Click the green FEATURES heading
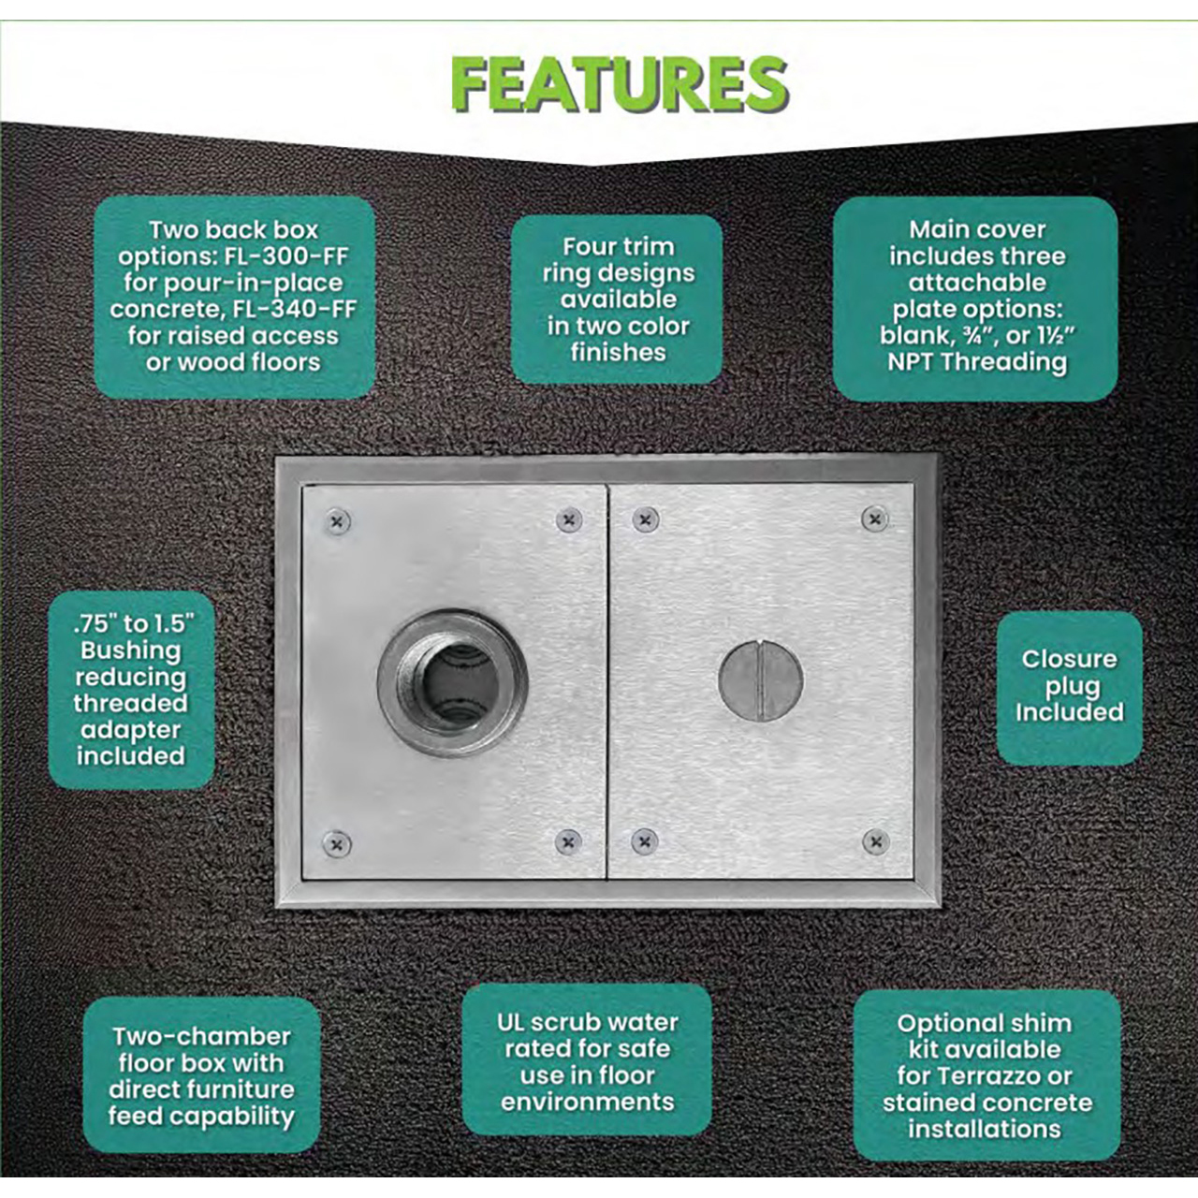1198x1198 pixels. point(620,84)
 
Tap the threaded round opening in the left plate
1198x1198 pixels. point(453,683)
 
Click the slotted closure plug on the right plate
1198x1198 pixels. point(761,680)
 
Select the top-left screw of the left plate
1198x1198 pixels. point(338,521)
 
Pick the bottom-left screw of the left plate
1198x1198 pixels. point(337,844)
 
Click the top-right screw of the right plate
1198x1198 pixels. point(875,519)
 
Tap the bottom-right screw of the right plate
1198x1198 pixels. point(876,841)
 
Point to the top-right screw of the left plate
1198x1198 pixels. point(569,519)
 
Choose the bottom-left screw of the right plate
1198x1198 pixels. point(645,841)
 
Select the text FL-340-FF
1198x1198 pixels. point(296,309)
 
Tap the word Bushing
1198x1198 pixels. point(131,650)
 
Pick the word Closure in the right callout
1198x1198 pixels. point(1070,659)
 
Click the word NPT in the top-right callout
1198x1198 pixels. point(912,362)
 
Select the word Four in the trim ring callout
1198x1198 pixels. point(588,247)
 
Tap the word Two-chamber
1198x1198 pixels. point(202,1036)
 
